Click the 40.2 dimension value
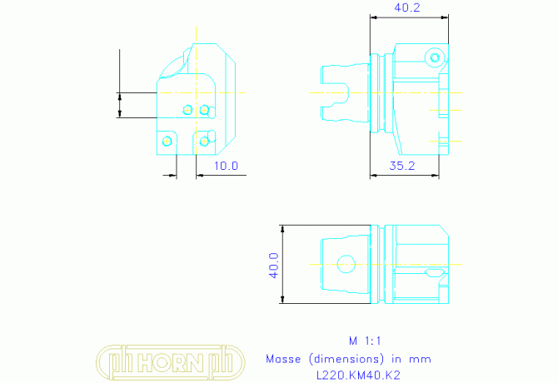[x=406, y=7]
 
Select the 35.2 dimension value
[x=402, y=166]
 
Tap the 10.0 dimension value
[x=226, y=166]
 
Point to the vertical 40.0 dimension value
[x=273, y=266]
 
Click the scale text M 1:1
[x=365, y=341]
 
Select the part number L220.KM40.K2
[x=358, y=376]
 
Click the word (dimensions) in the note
[x=346, y=359]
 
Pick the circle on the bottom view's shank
[x=346, y=264]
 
